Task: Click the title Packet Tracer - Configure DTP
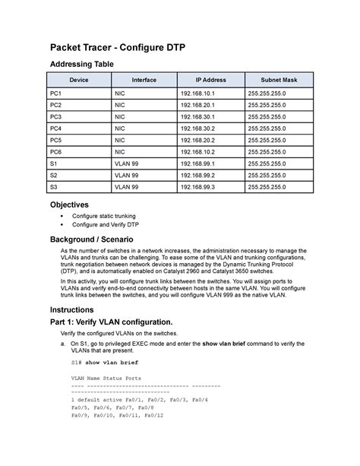(130, 47)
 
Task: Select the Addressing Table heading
(81, 65)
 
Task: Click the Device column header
(78, 80)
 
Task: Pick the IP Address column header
(210, 80)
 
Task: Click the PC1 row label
(55, 93)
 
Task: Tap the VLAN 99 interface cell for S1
(127, 163)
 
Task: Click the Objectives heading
(69, 205)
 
